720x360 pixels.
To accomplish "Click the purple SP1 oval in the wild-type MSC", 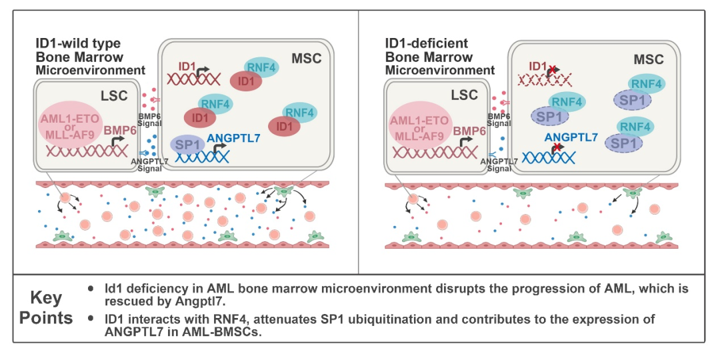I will click(189, 145).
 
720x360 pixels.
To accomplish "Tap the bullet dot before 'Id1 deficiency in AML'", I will click(91, 289).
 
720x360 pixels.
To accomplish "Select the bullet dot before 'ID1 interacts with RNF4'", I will click(91, 319).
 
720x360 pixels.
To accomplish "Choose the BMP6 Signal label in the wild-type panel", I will click(149, 120).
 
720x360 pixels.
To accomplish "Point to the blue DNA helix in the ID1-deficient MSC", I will click(547, 158).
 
